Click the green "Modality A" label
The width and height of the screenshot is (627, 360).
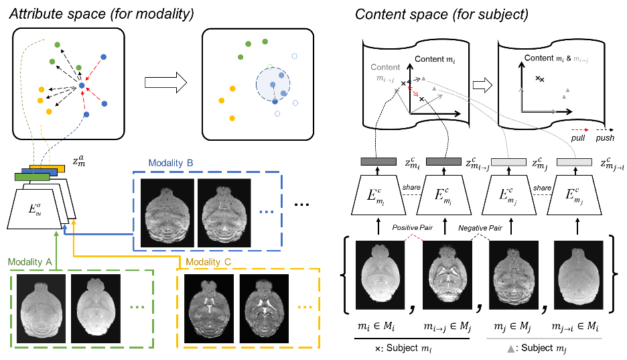click(30, 262)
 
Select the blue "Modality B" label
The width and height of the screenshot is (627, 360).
click(171, 163)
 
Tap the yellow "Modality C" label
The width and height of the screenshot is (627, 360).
click(208, 262)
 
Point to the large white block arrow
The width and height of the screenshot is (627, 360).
click(165, 82)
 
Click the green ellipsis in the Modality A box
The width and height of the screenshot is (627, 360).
click(137, 307)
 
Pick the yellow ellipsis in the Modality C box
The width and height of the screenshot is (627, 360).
click(305, 307)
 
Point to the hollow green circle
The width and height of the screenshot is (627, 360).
click(269, 67)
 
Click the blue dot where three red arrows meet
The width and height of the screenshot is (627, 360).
click(82, 85)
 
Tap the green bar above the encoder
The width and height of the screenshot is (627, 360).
click(31, 177)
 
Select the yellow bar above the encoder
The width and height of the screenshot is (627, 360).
click(51, 167)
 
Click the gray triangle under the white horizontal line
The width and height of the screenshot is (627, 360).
click(510, 349)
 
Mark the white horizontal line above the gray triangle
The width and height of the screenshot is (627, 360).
click(544, 339)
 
